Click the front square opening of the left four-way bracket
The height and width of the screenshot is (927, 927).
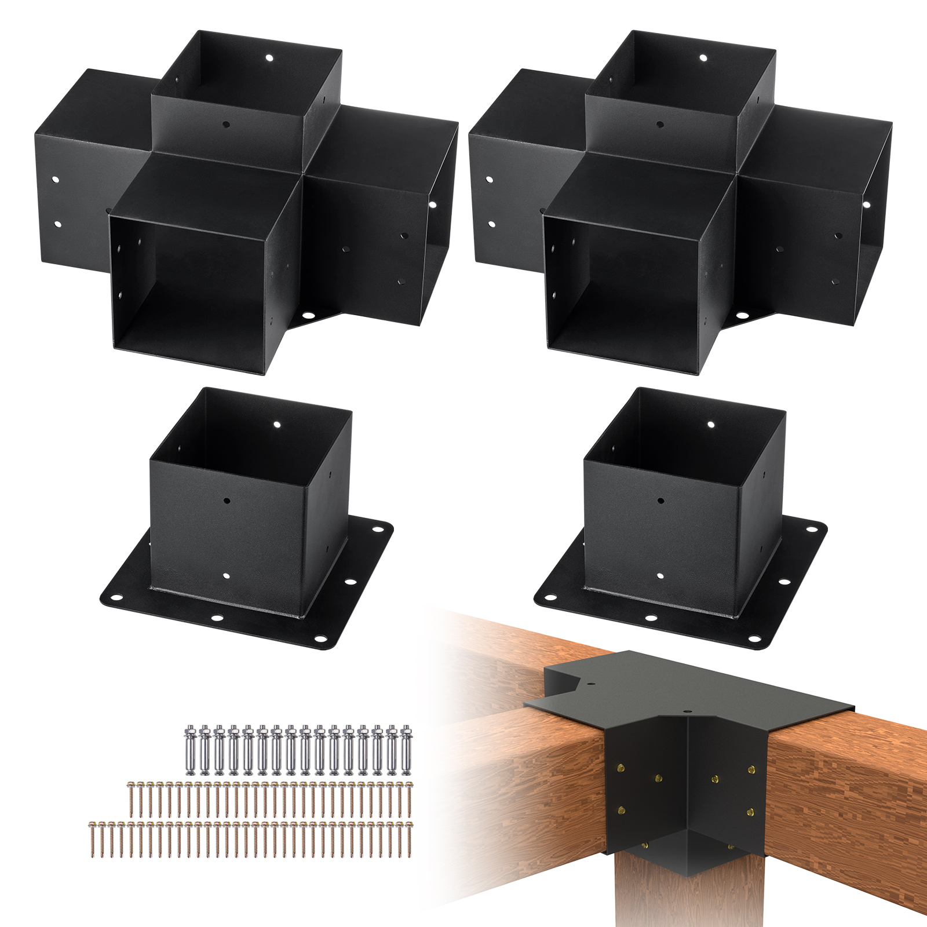pyautogui.click(x=191, y=284)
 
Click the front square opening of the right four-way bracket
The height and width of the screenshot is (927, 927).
pyautogui.click(x=626, y=284)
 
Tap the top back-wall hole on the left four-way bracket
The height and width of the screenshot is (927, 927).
pyautogui.click(x=269, y=58)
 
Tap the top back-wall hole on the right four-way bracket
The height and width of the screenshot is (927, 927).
pyautogui.click(x=703, y=58)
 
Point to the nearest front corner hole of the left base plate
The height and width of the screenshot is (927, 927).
pyautogui.click(x=319, y=641)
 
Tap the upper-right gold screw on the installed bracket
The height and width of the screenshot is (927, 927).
pyautogui.click(x=752, y=769)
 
